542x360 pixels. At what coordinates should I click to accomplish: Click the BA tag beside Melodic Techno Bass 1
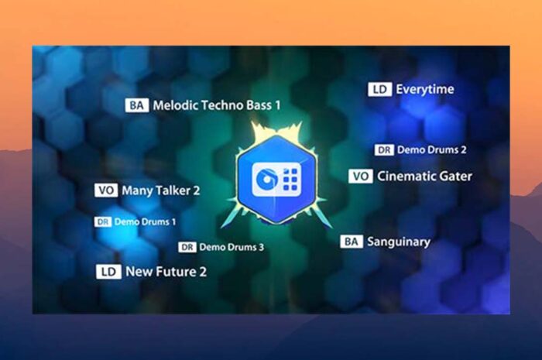137,105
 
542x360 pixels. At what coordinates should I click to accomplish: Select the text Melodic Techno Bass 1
217,105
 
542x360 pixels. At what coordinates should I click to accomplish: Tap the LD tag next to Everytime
380,90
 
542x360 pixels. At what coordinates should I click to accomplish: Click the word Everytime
425,90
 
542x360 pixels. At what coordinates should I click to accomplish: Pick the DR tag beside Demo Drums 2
384,150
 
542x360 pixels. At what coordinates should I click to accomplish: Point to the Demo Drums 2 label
432,150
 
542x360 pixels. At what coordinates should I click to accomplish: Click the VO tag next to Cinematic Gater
361,177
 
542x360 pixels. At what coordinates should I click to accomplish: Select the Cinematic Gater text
424,177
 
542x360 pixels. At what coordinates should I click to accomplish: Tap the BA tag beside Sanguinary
352,242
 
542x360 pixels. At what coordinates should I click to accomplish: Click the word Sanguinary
399,242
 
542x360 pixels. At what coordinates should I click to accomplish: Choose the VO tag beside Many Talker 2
106,190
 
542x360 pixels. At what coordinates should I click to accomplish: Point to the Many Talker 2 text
161,190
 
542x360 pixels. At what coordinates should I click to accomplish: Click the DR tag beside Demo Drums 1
103,221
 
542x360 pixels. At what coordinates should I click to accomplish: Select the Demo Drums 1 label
146,221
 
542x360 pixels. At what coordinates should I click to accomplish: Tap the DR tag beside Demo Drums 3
187,247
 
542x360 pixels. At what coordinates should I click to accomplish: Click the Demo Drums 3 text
232,247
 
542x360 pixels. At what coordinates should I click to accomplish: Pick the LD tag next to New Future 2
108,272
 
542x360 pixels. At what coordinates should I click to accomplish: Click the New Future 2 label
166,272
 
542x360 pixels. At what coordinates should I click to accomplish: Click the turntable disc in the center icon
266,179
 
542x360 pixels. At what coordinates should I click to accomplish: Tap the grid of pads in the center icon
290,180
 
